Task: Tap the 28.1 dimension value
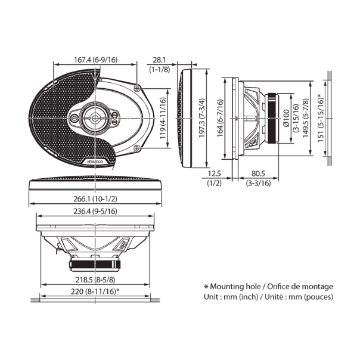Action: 159,60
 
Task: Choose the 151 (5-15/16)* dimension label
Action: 321,117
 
